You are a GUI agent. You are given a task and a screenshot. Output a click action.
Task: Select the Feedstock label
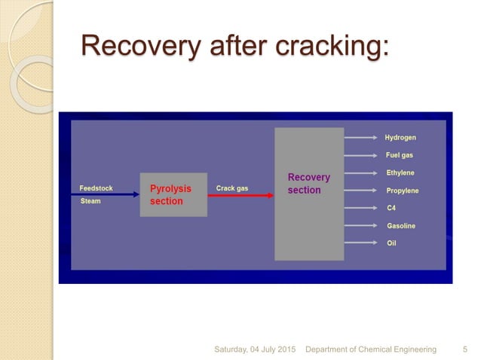97,188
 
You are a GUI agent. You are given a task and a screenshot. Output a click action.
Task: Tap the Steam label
90,202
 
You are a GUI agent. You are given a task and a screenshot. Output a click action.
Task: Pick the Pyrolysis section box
173,195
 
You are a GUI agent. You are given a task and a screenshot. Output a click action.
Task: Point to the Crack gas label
231,188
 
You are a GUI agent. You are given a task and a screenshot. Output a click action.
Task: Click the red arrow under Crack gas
240,195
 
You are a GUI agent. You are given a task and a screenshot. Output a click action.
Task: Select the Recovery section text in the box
309,184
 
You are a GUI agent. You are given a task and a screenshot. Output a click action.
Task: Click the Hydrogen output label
400,138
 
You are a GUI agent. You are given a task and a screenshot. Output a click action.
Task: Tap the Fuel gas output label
400,156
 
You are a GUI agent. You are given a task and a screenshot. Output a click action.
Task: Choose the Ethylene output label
400,173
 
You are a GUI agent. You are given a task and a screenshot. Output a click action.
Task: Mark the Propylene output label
403,191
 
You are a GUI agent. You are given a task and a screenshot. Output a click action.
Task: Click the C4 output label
391,209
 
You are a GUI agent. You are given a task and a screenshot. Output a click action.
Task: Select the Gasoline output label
401,226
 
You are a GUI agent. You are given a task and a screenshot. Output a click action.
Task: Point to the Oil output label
391,243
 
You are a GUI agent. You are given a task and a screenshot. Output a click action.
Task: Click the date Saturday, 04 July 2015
256,349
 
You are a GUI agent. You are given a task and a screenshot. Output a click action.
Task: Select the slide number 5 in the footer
464,349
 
